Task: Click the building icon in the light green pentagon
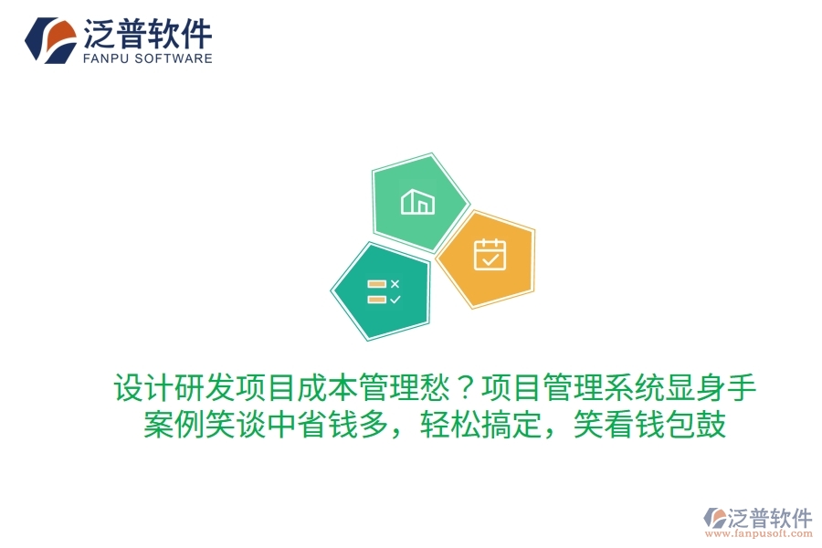(417, 201)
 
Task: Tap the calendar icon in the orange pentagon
(490, 255)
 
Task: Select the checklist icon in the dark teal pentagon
(383, 291)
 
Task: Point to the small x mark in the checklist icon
(395, 284)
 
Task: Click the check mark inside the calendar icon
(490, 259)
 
